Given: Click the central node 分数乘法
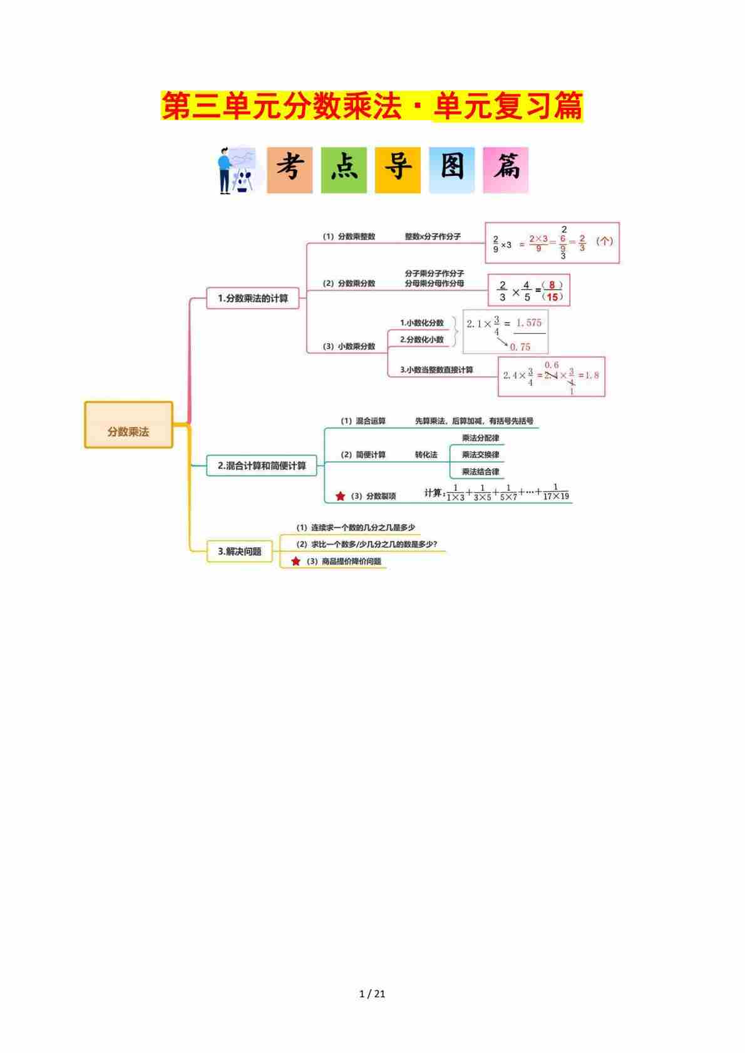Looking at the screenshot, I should (128, 425).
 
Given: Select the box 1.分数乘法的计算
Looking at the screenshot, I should (253, 299).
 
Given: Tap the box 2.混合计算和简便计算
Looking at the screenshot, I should (262, 466).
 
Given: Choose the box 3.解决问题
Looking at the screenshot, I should (240, 552).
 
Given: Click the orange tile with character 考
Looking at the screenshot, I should (290, 170).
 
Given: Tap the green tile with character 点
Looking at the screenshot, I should (344, 170).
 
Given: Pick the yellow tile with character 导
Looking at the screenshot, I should (398, 170).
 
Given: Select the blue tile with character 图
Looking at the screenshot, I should (451, 170).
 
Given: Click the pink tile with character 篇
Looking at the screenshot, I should (505, 170).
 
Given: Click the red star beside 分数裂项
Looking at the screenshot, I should (340, 496).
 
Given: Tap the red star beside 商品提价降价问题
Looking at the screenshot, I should (295, 562).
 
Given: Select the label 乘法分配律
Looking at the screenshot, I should (480, 438).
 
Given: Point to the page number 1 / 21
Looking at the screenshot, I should (372, 994).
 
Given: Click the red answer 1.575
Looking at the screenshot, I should (529, 323).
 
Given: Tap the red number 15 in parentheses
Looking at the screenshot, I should (552, 297).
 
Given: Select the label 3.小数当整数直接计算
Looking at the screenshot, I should (436, 370).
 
